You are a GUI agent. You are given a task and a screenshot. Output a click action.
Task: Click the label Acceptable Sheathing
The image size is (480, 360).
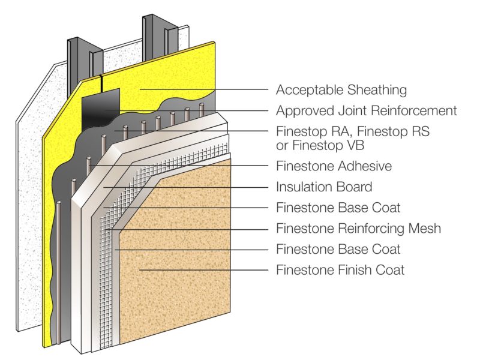tap(341, 90)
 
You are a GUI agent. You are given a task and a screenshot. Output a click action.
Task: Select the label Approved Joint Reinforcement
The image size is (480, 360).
tap(366, 111)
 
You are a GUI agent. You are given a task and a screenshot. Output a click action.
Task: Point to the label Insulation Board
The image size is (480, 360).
tap(324, 187)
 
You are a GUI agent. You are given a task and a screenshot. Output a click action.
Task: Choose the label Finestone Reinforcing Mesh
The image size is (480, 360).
tap(358, 229)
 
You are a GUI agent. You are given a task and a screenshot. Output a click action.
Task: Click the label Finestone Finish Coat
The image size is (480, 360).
tap(340, 270)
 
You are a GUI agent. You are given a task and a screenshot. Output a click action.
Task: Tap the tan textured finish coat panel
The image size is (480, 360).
tap(180, 252)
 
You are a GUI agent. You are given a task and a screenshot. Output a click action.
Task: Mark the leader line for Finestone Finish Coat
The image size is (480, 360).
tap(204, 270)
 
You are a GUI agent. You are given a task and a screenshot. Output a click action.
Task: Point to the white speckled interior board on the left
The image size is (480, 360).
tap(30, 180)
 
